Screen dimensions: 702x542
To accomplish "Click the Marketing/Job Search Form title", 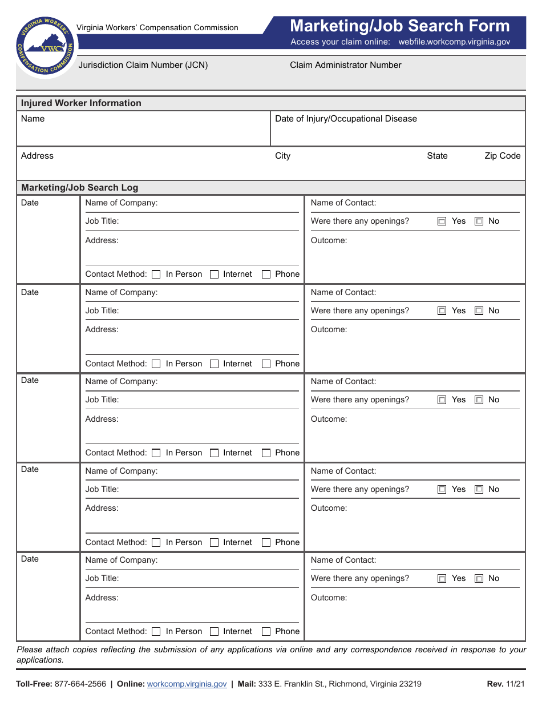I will pos(399,26).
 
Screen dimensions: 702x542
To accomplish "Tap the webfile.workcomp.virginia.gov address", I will pos(454,42).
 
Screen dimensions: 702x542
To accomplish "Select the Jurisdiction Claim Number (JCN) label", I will pos(143,65).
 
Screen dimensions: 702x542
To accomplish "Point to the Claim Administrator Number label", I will pos(345,65).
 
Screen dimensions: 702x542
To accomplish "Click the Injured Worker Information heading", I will pos(81,103).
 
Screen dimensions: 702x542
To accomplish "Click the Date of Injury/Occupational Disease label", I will pos(346,119).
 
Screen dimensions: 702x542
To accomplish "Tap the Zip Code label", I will pos(502,156).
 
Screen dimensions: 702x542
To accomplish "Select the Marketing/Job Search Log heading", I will pos(79,188).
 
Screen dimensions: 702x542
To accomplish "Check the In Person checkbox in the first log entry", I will pos(156,275).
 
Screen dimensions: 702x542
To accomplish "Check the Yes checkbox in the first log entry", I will pos(442,221).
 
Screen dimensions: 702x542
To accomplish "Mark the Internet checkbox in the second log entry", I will pos(214,364).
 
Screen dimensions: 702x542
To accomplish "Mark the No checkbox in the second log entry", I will pos(479,311).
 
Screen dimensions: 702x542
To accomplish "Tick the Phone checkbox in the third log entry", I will pos(266,453).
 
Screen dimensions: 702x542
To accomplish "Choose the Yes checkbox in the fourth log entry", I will pos(442,490).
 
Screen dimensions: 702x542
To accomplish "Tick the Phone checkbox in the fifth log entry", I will pos(266,632).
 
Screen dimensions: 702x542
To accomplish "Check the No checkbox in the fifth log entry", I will pos(479,579).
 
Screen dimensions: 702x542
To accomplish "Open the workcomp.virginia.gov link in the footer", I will pos(187,684).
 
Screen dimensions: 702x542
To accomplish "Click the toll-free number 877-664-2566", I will pos(80,684).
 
